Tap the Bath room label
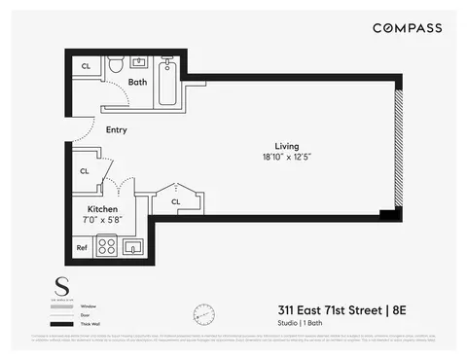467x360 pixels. tap(138, 82)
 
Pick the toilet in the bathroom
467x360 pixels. tap(115, 66)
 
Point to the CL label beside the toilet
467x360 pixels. tap(86, 66)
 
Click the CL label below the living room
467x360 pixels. tap(176, 201)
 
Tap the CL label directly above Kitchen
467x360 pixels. tap(85, 171)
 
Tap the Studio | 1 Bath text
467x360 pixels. tap(305, 325)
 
